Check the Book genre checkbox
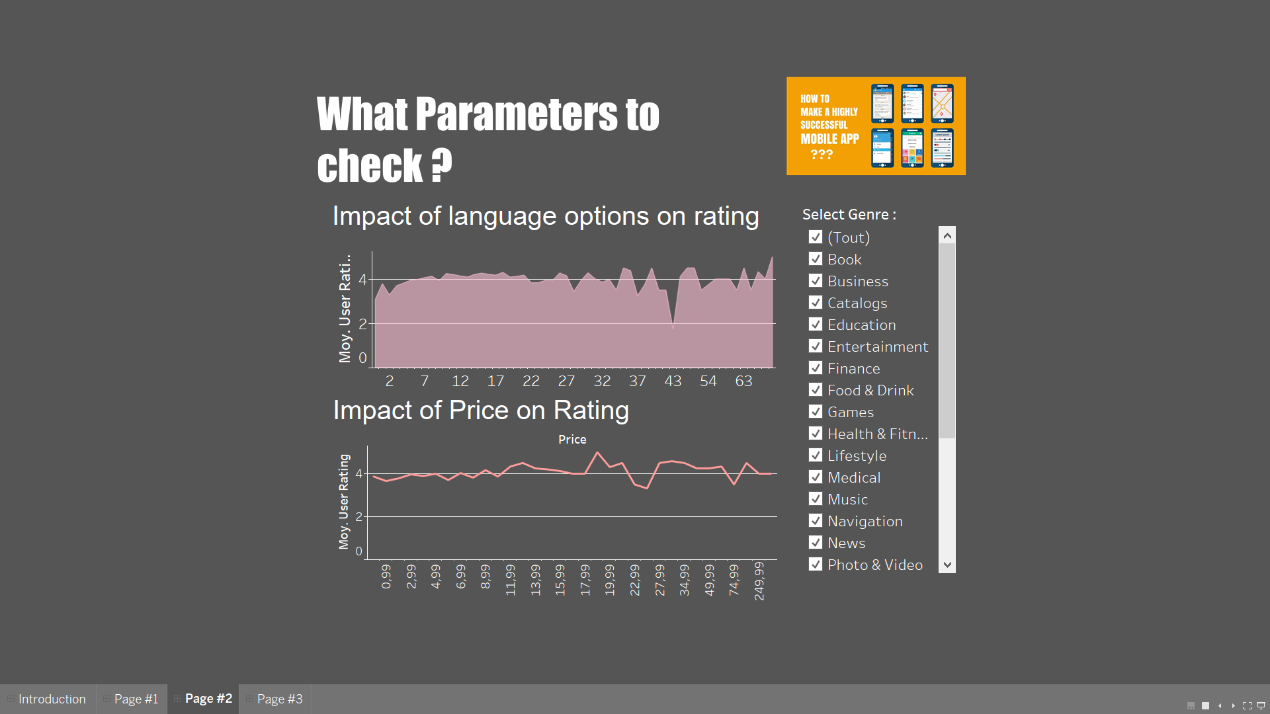click(x=816, y=259)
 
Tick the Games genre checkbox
click(x=816, y=412)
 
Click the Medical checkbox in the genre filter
click(x=816, y=477)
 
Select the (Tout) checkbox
click(x=816, y=237)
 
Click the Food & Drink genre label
click(x=870, y=390)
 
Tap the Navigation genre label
click(x=865, y=521)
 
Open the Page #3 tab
click(x=279, y=699)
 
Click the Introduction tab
click(x=52, y=699)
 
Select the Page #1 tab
click(x=136, y=699)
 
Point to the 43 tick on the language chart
click(x=673, y=381)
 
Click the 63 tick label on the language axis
click(x=743, y=381)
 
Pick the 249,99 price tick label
click(x=759, y=580)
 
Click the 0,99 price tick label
click(x=386, y=576)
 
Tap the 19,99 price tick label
click(x=610, y=579)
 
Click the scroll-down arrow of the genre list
click(x=947, y=565)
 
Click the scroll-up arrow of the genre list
click(x=947, y=235)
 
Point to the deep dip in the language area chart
click(x=673, y=327)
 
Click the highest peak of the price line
click(x=597, y=453)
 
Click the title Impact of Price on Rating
click(x=481, y=411)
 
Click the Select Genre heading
click(x=849, y=214)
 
